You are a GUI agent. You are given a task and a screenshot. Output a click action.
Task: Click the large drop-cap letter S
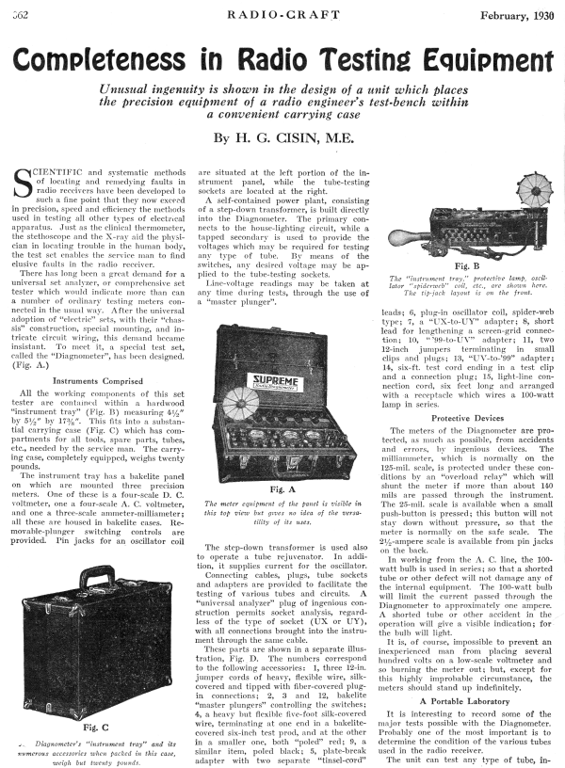28,184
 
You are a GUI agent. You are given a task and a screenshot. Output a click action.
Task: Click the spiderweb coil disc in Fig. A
235,408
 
